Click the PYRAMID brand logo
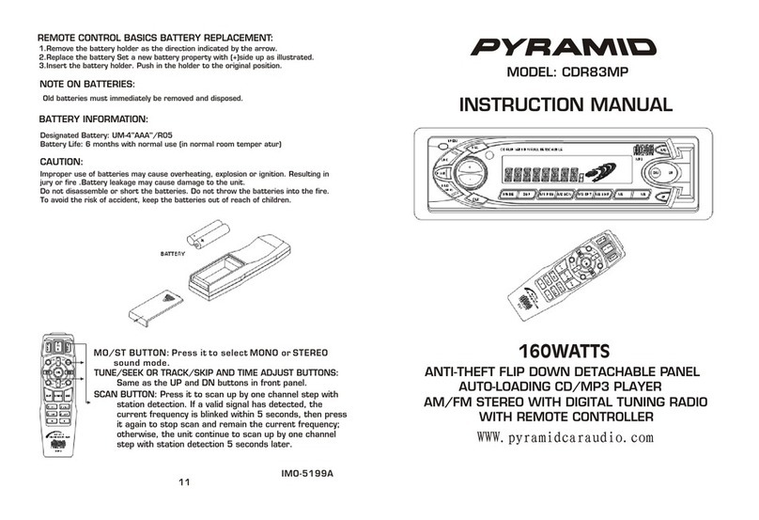point(565,46)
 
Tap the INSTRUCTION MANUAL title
point(565,105)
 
